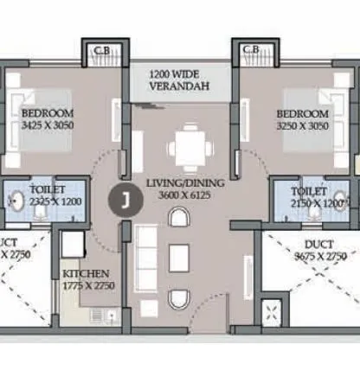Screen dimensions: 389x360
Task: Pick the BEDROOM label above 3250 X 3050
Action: click(302, 114)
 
